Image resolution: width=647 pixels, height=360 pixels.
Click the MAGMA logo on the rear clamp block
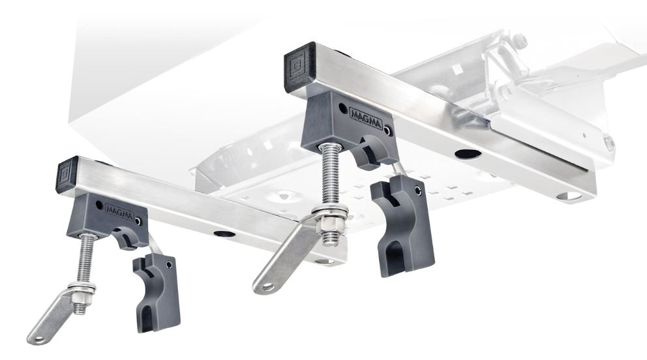pyautogui.click(x=366, y=118)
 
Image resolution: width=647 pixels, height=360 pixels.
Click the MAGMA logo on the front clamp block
pyautogui.click(x=119, y=212)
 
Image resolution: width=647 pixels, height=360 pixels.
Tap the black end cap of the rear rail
pyautogui.click(x=300, y=67)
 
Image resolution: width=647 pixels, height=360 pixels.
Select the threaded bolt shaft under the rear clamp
pyautogui.click(x=330, y=177)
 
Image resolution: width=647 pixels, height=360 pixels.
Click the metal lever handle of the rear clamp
pyautogui.click(x=285, y=256)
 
